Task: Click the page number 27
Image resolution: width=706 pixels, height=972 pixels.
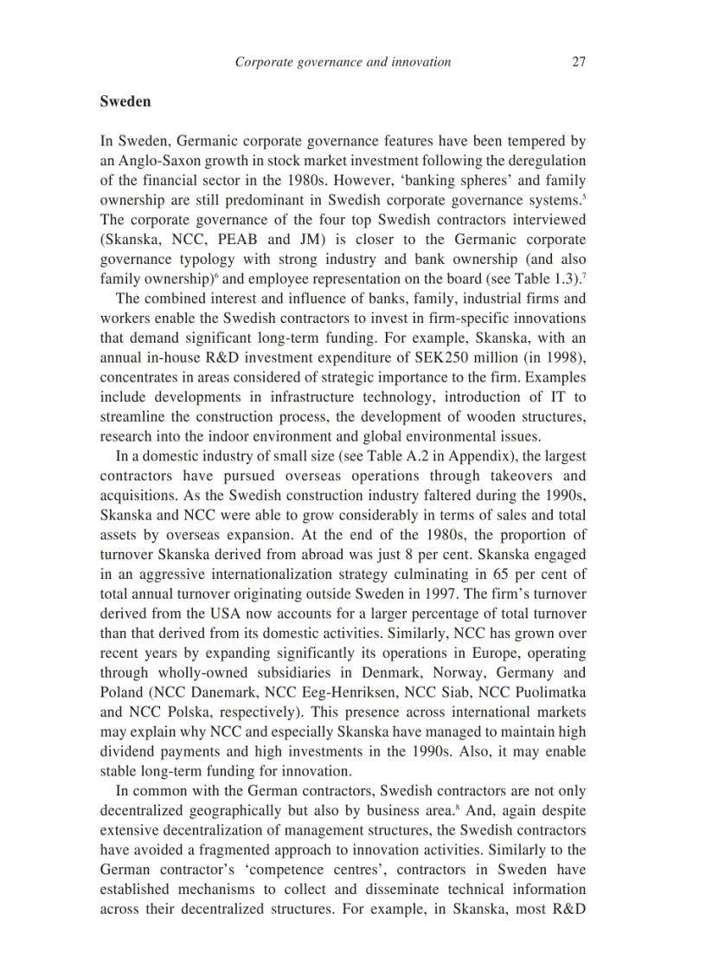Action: (579, 61)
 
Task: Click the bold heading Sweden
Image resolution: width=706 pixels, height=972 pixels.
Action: (125, 101)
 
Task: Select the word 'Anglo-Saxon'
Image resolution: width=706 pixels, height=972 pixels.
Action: (156, 161)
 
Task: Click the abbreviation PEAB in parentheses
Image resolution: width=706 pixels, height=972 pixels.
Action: (248, 240)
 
